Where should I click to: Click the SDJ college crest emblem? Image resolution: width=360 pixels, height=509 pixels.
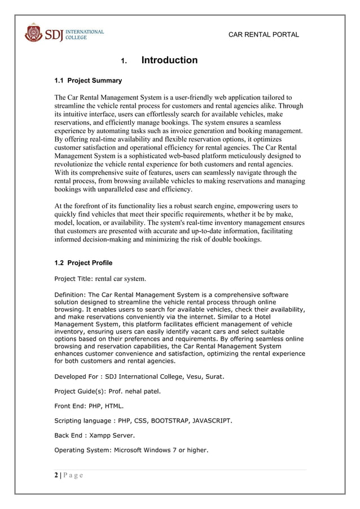tap(33, 33)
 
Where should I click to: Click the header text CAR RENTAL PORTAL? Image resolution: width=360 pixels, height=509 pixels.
tap(264, 35)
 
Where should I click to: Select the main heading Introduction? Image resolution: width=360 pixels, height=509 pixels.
tap(169, 60)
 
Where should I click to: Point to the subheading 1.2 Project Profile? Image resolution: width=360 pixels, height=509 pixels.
tap(83, 263)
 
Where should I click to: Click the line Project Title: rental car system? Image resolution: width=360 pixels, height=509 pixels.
tap(100, 279)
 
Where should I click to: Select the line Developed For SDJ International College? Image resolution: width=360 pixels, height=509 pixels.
tap(139, 376)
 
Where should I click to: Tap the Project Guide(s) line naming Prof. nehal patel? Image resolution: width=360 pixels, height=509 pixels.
tap(107, 391)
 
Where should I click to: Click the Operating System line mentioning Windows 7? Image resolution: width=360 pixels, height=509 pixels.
tap(131, 450)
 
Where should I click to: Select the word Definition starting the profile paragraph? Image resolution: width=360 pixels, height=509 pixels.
tap(70, 295)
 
